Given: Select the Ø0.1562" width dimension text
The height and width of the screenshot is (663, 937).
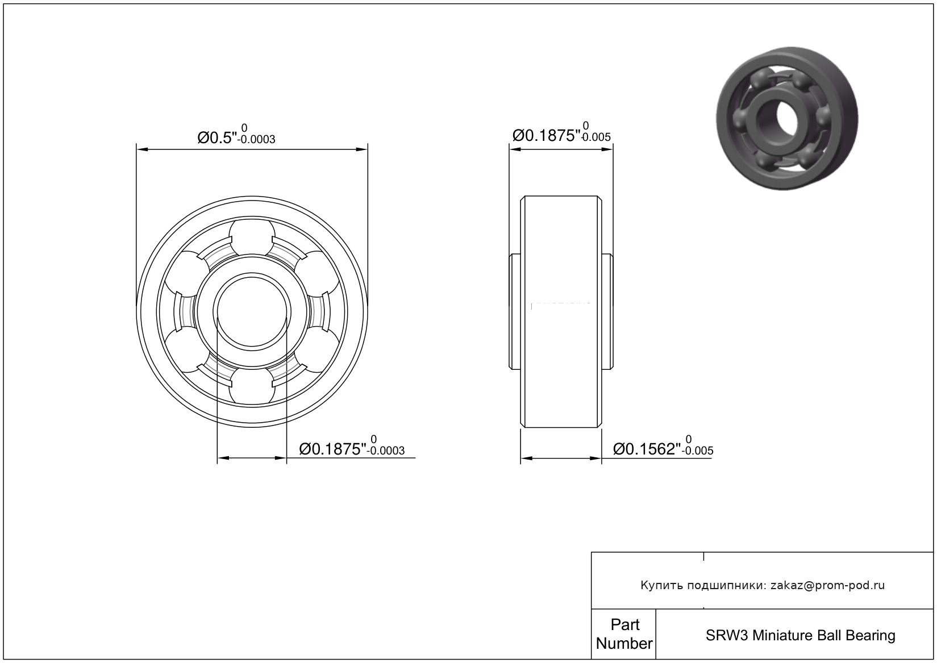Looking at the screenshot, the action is click(647, 449).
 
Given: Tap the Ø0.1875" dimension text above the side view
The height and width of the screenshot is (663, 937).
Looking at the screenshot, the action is click(546, 135).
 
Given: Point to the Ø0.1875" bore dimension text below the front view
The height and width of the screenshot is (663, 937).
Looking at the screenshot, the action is click(332, 449).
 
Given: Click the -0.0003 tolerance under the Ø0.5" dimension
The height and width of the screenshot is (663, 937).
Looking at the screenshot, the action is click(256, 140).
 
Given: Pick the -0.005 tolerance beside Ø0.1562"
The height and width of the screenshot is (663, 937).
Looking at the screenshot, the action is click(697, 451).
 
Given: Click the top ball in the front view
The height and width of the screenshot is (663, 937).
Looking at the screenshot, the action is click(252, 236).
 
